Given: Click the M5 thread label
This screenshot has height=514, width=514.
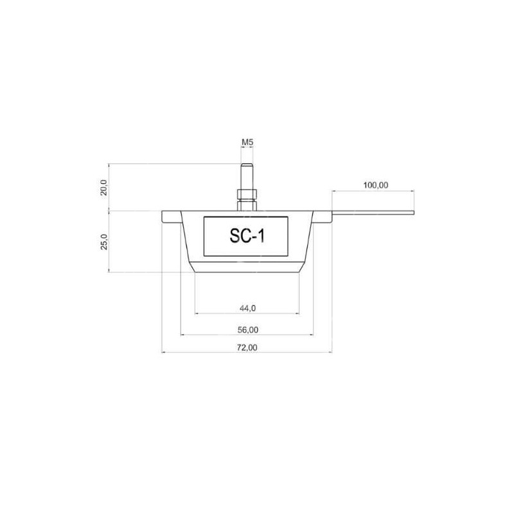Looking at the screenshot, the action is (x=247, y=142).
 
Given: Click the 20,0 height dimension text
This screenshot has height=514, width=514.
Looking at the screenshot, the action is (x=103, y=188).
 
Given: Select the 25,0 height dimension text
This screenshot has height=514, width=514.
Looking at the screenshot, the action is (x=103, y=242).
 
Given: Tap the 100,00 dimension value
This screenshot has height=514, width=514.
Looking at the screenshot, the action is (x=376, y=185).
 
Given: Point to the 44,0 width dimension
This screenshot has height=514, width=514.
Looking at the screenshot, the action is (x=248, y=308).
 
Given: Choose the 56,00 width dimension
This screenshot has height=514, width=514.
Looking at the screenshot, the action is (x=248, y=330).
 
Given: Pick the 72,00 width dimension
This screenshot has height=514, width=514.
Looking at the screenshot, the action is (x=247, y=348).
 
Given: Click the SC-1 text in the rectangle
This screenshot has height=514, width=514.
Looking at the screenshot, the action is (x=247, y=235).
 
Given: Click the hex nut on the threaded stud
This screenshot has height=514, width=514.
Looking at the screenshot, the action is (x=247, y=194).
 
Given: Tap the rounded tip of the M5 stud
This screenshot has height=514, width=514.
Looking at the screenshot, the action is (x=247, y=165).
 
